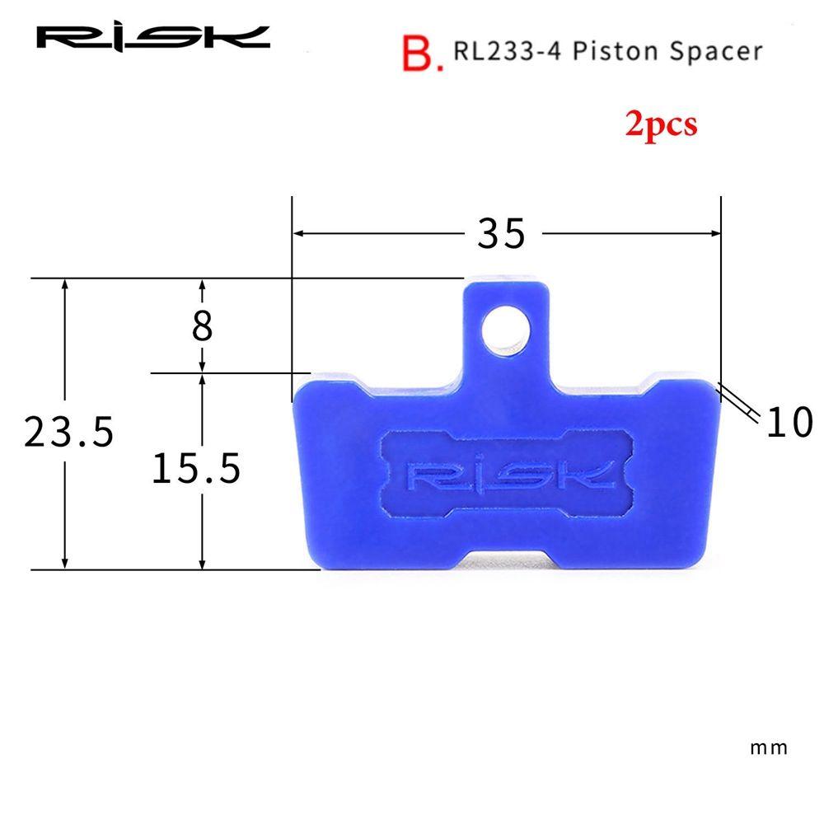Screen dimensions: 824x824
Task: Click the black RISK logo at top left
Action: point(153,38)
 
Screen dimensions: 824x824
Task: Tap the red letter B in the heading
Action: point(418,53)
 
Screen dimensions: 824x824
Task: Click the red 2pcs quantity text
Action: point(661,125)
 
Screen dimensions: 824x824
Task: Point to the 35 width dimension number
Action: point(501,233)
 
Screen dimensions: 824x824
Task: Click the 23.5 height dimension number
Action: point(69,432)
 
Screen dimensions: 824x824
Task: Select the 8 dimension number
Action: point(203,325)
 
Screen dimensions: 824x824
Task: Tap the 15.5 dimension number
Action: point(196,468)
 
